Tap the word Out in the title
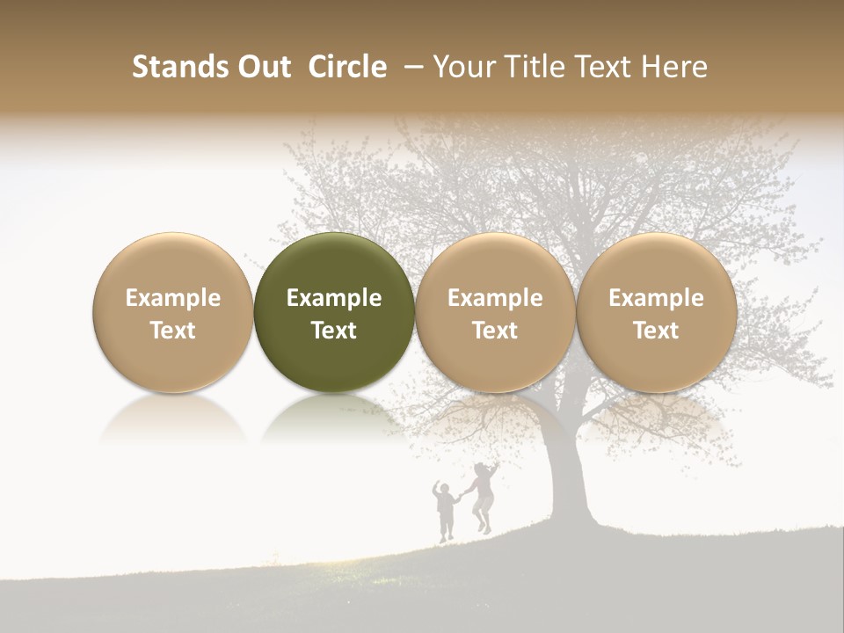pyautogui.click(x=262, y=67)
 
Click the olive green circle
pyautogui.click(x=334, y=312)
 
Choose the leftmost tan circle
pyautogui.click(x=173, y=312)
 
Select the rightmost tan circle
pyautogui.click(x=656, y=312)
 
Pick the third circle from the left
pyautogui.click(x=495, y=312)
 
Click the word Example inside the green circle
pyautogui.click(x=334, y=298)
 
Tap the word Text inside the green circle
pyautogui.click(x=334, y=331)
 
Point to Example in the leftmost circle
pyautogui.click(x=173, y=298)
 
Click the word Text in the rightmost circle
pyautogui.click(x=656, y=331)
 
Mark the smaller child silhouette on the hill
pyautogui.click(x=446, y=510)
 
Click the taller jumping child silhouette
pyautogui.click(x=483, y=497)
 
